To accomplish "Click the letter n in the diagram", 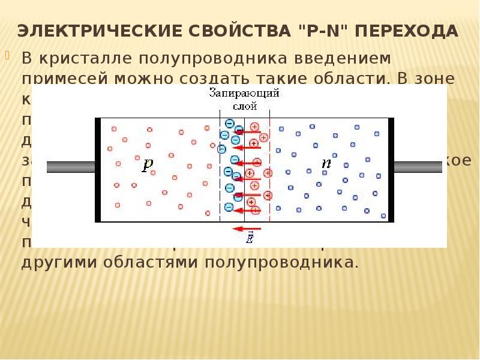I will coord(326,163).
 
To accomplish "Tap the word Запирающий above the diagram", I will coord(244,93).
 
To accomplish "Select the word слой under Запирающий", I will coord(245,106).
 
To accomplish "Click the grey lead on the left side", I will coord(71,167).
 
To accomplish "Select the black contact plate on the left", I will coord(98,170).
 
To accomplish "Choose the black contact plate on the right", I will coord(391,170).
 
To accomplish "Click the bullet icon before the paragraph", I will coord(8,56).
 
